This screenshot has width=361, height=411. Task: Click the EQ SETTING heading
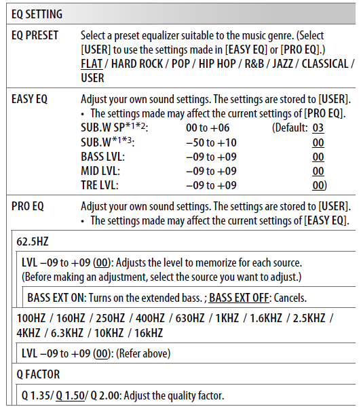click(x=37, y=14)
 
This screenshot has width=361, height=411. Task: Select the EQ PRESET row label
click(x=35, y=35)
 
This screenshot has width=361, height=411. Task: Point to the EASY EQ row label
click(x=30, y=99)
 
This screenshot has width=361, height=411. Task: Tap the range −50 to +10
click(x=211, y=142)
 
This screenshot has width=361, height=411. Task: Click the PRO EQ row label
click(x=28, y=206)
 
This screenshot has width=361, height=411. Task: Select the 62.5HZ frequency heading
click(x=33, y=241)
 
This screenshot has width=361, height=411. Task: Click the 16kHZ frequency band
click(x=147, y=333)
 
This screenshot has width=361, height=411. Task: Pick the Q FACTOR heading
click(x=38, y=374)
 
